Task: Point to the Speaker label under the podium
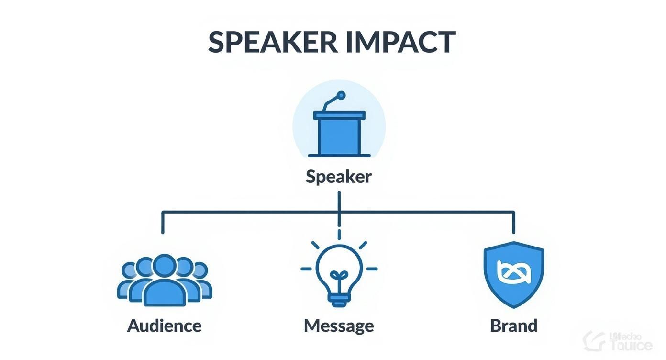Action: tap(339, 177)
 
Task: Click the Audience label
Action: tap(164, 326)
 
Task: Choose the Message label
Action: tap(339, 326)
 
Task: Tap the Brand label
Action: tap(513, 326)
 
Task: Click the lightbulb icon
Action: tap(339, 273)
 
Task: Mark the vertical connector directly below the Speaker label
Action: tap(339, 201)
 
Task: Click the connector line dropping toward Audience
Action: tap(163, 222)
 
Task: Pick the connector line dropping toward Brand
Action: tap(513, 222)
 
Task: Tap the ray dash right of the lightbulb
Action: tap(371, 269)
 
